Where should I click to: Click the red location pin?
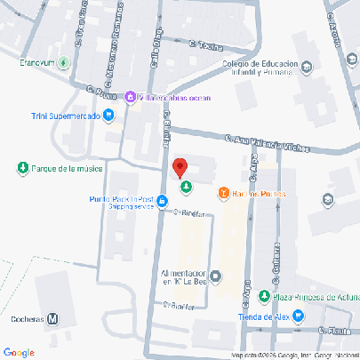179,167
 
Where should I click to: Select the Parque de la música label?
67,168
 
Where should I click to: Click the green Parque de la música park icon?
22,168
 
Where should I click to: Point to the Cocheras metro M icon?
54,318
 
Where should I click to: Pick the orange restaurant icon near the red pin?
224,193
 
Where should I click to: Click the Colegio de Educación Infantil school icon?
307,66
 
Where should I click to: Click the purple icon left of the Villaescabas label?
131,96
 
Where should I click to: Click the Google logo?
20,352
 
